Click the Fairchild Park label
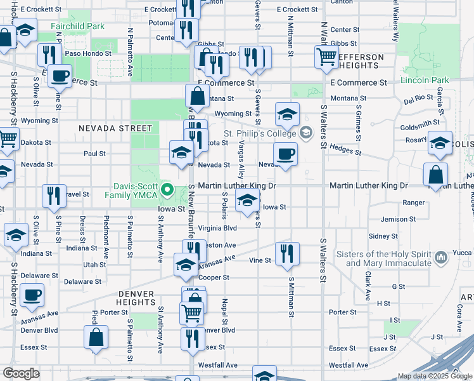pos(77,27)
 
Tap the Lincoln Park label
pos(424,80)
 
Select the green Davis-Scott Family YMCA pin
pos(167,189)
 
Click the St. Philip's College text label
pos(259,133)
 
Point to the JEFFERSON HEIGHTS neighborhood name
pos(361,61)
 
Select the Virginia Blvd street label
pos(217,227)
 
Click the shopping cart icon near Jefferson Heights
pos(326,57)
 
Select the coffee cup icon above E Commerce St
pos(60,76)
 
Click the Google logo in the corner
pos(21,373)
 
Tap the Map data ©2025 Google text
pos(434,376)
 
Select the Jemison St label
pos(398,219)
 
